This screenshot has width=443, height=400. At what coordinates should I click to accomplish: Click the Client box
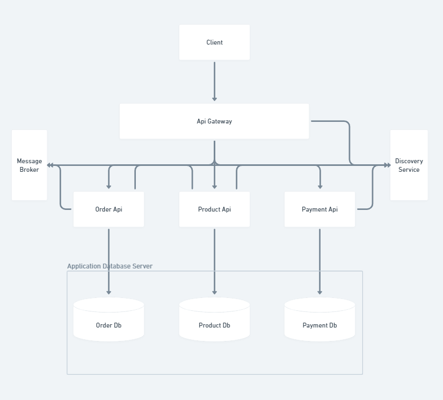214,42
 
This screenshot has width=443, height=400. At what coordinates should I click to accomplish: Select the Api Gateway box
214,121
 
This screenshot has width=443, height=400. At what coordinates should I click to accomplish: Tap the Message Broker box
30,165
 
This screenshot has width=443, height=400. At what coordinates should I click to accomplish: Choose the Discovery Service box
409,165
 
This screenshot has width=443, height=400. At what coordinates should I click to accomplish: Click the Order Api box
108,209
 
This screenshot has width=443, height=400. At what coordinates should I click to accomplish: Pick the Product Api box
214,209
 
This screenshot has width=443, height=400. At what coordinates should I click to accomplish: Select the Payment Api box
319,209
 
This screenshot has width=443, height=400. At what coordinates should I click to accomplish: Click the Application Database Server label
110,266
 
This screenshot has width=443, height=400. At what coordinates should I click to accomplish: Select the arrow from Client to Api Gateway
214,81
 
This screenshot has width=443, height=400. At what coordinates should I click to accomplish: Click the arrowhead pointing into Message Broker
50,165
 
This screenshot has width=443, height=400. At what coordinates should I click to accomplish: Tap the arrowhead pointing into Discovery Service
387,165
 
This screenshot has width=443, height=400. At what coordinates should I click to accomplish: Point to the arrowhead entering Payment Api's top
320,187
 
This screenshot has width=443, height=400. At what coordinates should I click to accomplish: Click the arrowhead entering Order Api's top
108,187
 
